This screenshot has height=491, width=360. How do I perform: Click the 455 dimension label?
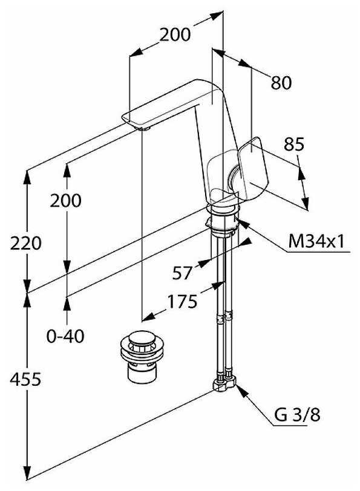pos(25,379)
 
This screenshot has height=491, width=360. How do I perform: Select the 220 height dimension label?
pos(25,243)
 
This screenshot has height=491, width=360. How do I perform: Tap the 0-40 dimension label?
pos(65,336)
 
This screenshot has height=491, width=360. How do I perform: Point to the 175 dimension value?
pos(182,302)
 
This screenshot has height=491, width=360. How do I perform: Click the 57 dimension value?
pos(182,273)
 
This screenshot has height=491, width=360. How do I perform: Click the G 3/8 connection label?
pos(297,415)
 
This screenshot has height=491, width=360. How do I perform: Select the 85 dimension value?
pos(294,145)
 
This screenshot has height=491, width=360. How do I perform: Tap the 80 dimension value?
pos(281,83)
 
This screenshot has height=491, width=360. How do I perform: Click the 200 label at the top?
pos(175,34)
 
